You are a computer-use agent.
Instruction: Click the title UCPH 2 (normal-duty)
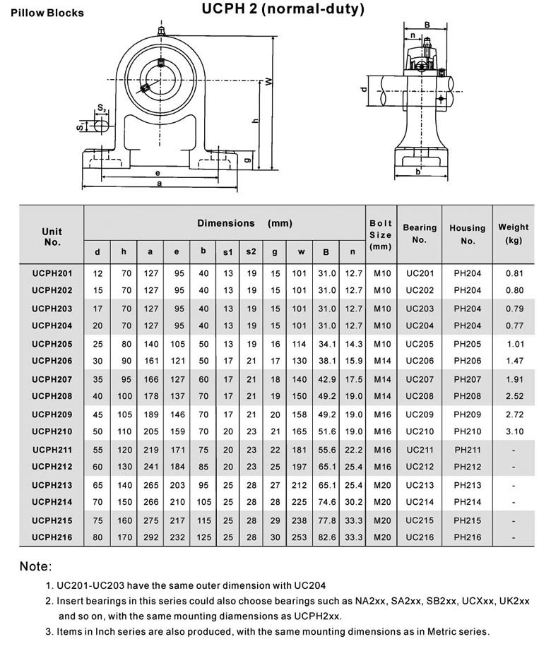coord(283,9)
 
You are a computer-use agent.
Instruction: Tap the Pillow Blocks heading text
coord(47,13)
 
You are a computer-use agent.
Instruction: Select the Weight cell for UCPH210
coord(514,431)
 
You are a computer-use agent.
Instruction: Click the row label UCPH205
coord(52,344)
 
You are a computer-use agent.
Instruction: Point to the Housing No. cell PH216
coord(468,537)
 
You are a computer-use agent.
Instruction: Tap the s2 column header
coord(251,251)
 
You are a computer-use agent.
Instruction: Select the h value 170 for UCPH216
coord(124,537)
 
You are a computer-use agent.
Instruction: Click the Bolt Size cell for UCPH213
coord(381,485)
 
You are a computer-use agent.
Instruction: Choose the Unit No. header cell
coord(52,237)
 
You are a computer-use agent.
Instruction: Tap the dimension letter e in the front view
coord(158,172)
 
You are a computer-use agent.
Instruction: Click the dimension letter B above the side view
coord(426,25)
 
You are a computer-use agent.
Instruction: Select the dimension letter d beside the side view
coord(364,90)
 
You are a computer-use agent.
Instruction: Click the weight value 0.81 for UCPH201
coord(514,273)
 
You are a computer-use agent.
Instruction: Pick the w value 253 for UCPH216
coord(301,537)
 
